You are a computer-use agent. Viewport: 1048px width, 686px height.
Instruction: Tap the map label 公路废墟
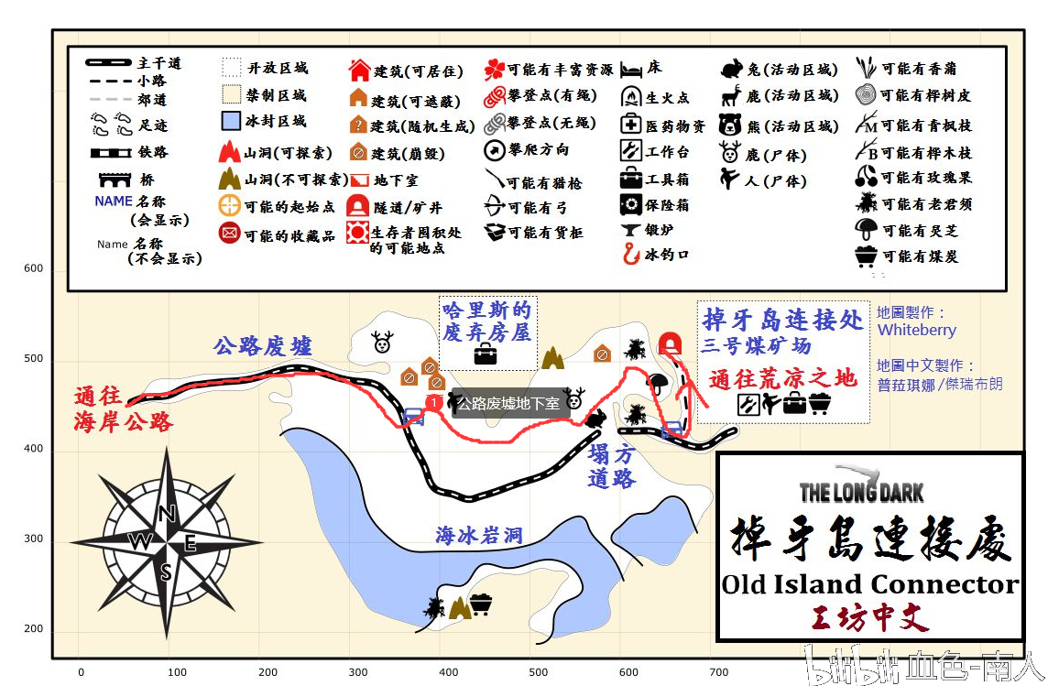263,346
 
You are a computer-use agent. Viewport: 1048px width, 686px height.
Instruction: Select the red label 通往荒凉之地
783,378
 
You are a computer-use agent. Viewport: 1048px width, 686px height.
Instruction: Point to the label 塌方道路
611,465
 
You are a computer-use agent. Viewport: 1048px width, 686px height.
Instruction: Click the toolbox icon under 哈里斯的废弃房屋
485,354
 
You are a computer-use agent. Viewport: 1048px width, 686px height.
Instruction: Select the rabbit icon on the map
596,419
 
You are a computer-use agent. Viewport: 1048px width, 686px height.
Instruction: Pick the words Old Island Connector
869,583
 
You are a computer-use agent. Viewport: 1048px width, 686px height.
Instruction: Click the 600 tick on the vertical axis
34,268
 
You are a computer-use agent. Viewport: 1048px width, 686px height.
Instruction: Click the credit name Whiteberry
916,330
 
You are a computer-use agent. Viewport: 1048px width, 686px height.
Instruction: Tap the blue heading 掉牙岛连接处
782,320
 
